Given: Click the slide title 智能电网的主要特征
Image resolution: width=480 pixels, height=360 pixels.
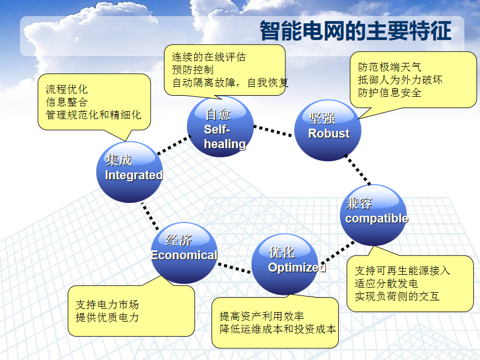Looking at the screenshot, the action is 355,31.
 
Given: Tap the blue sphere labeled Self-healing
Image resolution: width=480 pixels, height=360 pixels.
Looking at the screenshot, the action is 220,127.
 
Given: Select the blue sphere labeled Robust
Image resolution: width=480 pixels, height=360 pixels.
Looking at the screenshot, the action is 328,130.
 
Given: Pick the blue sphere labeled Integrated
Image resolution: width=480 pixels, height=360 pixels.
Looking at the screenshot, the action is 130,172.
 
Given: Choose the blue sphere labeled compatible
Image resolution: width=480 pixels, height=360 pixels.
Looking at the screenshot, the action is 373,215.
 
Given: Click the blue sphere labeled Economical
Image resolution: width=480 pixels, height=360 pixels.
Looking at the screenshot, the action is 184,253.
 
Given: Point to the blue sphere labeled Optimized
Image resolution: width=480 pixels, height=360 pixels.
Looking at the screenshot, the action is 285,264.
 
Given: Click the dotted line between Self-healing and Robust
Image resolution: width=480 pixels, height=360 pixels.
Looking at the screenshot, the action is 273,131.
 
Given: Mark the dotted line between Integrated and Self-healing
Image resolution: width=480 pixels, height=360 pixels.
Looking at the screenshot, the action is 174,145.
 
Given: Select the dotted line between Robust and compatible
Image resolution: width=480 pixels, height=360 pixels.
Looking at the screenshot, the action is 358,170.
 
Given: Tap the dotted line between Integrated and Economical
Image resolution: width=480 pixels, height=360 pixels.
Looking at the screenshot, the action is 150,216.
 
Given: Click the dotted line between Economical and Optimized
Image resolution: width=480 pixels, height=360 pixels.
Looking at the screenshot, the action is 234,268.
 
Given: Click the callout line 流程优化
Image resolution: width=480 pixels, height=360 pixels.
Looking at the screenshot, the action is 67,90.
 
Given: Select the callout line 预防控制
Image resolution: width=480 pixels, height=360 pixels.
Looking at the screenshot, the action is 192,70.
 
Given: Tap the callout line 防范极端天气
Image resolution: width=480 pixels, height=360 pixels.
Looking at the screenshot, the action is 390,67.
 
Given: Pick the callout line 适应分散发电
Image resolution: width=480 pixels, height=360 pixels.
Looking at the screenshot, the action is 387,283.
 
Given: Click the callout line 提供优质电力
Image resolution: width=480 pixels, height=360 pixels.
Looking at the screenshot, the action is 107,317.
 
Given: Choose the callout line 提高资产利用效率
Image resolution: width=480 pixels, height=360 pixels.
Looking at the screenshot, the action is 262,316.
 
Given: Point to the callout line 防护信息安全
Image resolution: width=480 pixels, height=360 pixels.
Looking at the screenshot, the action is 390,93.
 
